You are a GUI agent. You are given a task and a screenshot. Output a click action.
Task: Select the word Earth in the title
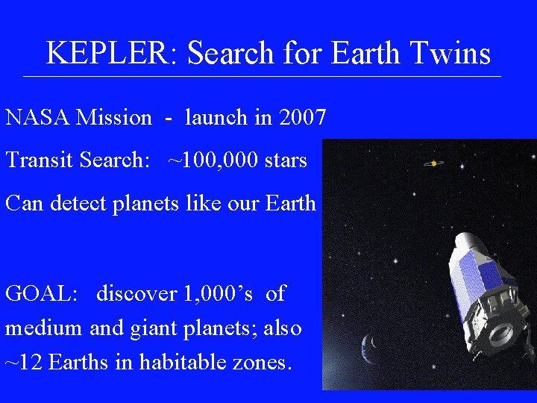360,54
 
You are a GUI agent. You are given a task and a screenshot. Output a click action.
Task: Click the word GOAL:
42,294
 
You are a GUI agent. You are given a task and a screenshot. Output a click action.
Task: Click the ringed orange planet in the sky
434,163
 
